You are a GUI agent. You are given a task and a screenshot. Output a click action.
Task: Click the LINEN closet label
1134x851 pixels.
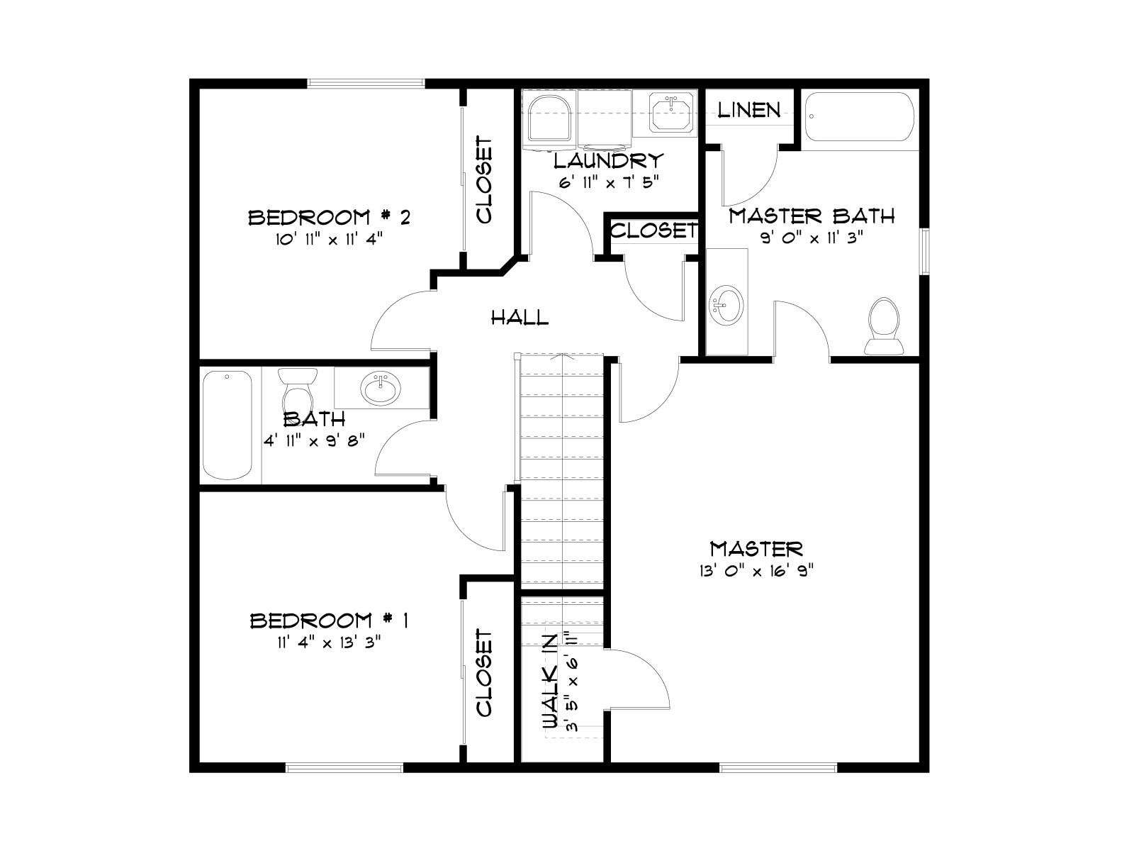click(x=748, y=109)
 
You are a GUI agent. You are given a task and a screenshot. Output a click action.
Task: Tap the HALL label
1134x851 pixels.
click(x=520, y=317)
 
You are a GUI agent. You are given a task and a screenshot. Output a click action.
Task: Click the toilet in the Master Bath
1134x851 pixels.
click(x=884, y=326)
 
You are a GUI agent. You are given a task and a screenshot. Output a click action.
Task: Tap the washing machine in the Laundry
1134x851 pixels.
click(x=549, y=120)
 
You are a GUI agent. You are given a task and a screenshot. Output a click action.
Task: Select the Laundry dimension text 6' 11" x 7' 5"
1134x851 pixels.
click(x=609, y=182)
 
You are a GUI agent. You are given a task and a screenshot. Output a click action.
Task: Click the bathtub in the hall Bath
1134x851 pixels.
click(x=228, y=425)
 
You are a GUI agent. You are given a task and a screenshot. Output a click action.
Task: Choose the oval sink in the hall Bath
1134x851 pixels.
click(x=381, y=389)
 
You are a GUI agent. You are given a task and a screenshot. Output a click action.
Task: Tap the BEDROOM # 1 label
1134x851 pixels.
click(x=329, y=620)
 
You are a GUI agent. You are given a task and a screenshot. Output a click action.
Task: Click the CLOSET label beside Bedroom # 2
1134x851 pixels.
click(x=484, y=180)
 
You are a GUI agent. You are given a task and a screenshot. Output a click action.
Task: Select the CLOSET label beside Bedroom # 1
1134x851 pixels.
click(x=484, y=673)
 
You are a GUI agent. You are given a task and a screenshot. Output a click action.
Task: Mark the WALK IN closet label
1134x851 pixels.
click(x=550, y=681)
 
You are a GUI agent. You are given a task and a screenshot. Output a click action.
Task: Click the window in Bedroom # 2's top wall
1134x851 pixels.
click(x=366, y=83)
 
